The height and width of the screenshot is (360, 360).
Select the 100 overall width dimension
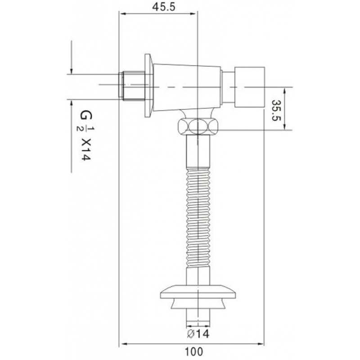pos(193,351)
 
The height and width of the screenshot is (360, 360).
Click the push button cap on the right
pos(249,86)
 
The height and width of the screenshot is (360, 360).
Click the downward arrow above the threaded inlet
pos(71,70)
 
